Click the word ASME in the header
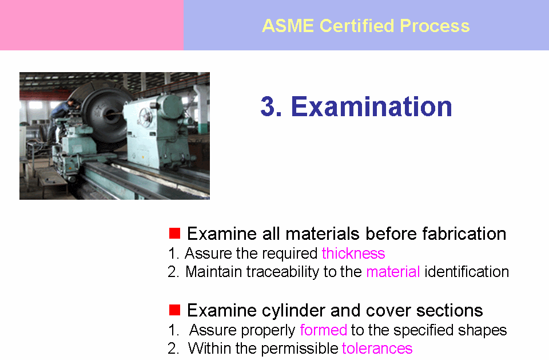(x=288, y=26)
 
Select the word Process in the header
(x=435, y=26)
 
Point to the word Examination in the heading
(x=371, y=106)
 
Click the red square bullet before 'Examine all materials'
(x=174, y=233)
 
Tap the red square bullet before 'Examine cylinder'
(x=174, y=310)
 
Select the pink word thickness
(x=353, y=253)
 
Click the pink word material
(x=393, y=272)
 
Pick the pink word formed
(x=323, y=330)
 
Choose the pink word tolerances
(x=377, y=349)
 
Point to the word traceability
(x=283, y=272)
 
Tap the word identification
(x=467, y=272)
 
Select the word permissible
(x=299, y=349)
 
